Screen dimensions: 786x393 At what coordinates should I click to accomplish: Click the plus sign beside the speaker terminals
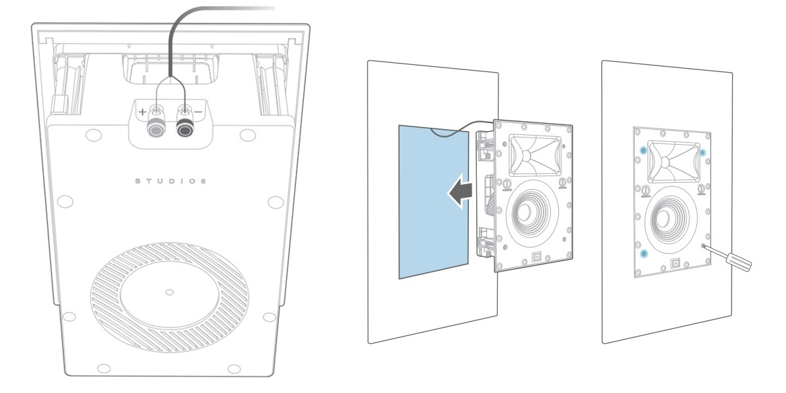point(142,112)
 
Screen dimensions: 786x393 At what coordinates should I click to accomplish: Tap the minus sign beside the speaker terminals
point(198,112)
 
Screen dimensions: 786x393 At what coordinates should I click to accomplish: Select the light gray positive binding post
point(155,129)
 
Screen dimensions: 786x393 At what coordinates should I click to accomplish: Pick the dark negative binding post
point(185,129)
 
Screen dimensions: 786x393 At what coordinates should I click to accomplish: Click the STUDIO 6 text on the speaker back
point(171,181)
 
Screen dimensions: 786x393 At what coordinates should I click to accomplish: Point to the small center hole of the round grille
point(170,292)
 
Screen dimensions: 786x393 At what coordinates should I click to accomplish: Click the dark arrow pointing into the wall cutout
point(460,191)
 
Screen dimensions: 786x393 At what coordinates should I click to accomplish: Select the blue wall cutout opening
point(434,202)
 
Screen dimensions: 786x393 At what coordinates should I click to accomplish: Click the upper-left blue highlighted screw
point(643,151)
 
